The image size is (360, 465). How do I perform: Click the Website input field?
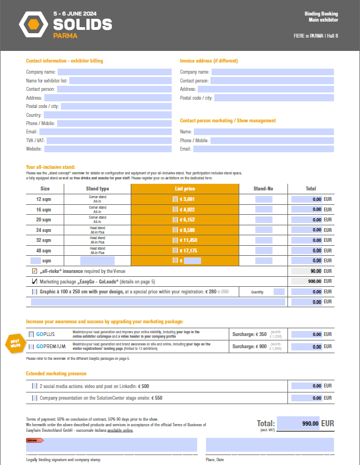click(x=108, y=149)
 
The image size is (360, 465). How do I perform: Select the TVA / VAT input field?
click(x=109, y=141)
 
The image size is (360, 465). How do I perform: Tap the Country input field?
click(x=107, y=115)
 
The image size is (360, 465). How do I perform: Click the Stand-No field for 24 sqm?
click(x=264, y=230)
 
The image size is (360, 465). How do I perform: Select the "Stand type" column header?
click(x=97, y=189)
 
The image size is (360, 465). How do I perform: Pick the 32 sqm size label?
click(x=43, y=240)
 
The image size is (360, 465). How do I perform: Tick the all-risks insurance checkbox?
click(x=35, y=271)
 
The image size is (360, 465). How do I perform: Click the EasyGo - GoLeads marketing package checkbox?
click(x=35, y=281)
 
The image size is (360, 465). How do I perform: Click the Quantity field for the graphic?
click(x=279, y=292)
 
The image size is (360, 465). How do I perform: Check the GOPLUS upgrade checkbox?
click(x=31, y=334)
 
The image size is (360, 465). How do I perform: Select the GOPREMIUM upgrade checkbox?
click(x=31, y=346)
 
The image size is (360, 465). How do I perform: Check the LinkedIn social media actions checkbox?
click(x=35, y=386)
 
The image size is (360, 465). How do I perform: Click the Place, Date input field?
click(x=270, y=445)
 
